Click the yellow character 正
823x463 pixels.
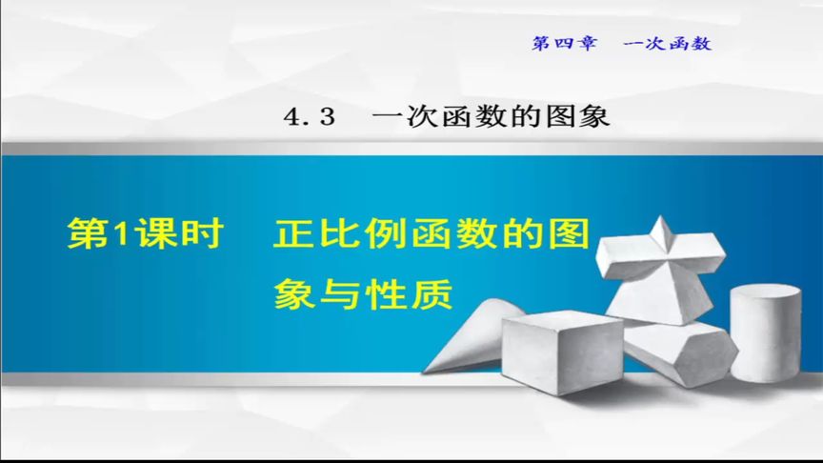[292, 233]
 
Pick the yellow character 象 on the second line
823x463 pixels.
[293, 292]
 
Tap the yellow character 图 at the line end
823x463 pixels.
[567, 233]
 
